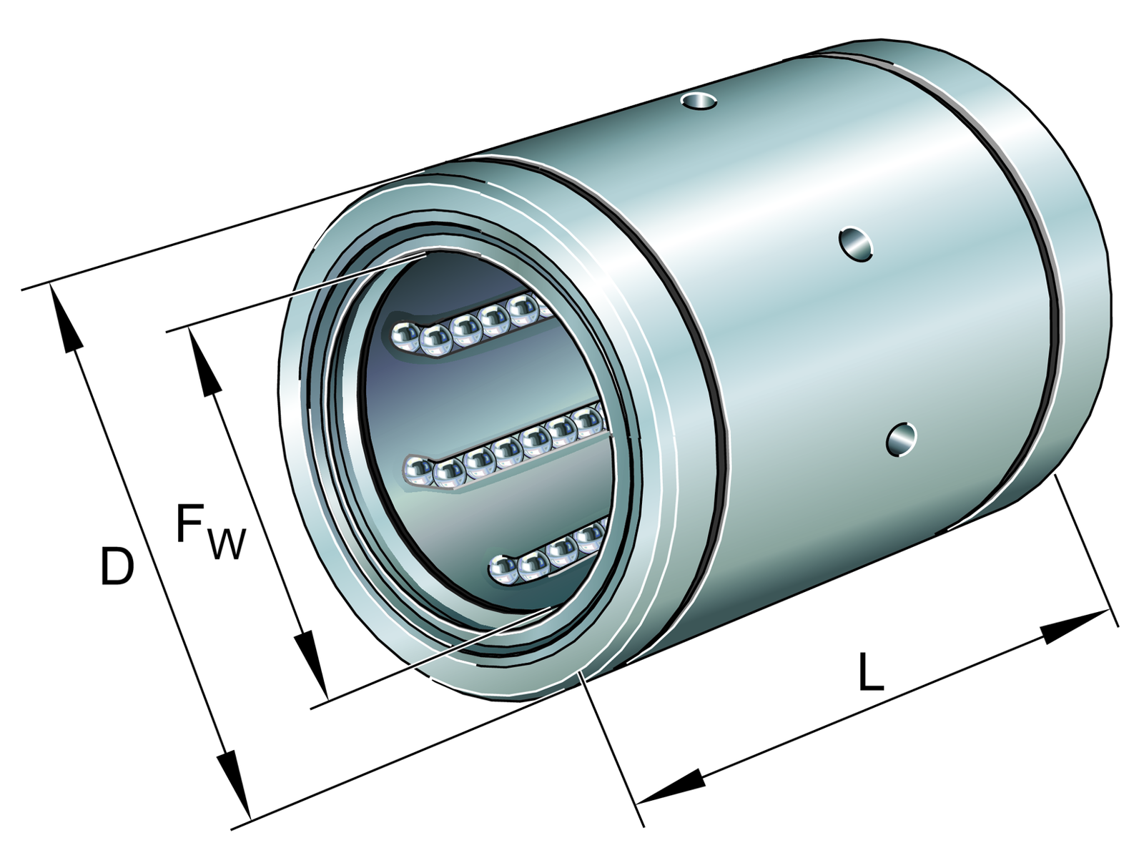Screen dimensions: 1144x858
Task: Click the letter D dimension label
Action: (x=117, y=566)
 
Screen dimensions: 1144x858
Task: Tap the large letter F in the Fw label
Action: (x=191, y=523)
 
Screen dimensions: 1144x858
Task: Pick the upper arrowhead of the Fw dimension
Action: (x=205, y=361)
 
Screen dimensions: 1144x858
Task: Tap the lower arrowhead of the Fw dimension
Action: (x=312, y=664)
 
